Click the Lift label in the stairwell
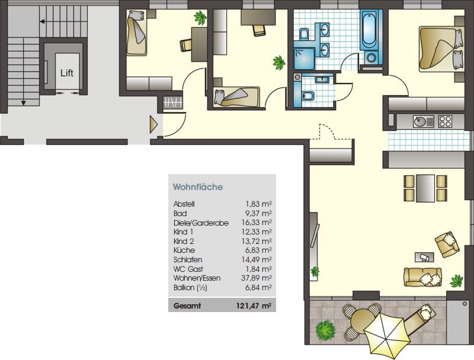click(x=67, y=73)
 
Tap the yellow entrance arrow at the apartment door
click(x=153, y=124)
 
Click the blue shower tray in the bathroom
click(x=305, y=59)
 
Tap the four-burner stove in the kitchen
click(x=446, y=121)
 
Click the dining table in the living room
click(x=425, y=188)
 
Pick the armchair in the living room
click(x=447, y=244)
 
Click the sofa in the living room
click(x=422, y=277)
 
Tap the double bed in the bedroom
click(x=441, y=50)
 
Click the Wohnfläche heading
click(x=198, y=187)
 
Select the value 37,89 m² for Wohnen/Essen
click(x=257, y=278)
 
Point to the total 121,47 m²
click(x=254, y=306)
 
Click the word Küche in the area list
click(x=184, y=250)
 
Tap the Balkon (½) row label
click(x=190, y=288)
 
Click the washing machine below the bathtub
click(x=371, y=57)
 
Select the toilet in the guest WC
click(x=308, y=96)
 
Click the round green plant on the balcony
click(x=325, y=330)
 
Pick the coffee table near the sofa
click(x=424, y=258)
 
